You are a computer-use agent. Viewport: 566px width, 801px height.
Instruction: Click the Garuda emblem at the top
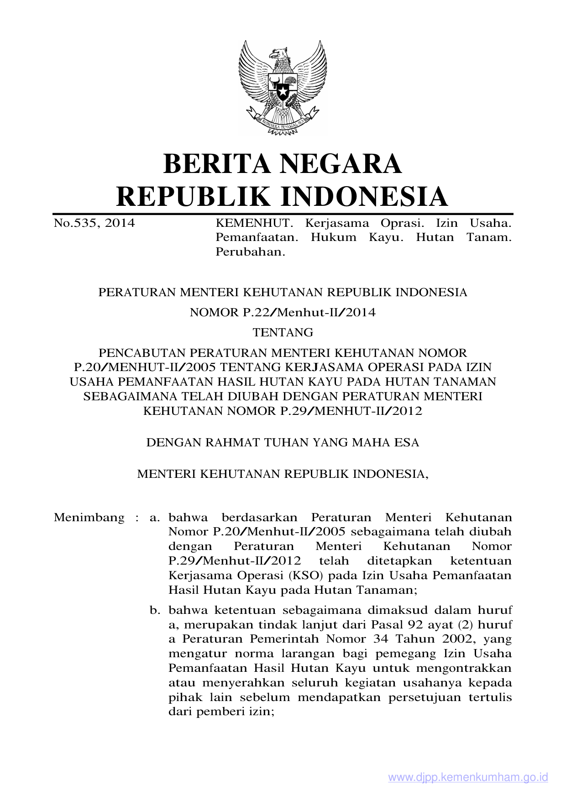pos(283,87)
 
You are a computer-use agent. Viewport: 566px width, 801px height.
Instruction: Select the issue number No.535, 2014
pos(94,223)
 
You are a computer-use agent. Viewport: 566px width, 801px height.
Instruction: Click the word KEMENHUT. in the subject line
pos(253,223)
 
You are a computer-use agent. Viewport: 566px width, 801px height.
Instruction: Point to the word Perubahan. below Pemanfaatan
pos(250,252)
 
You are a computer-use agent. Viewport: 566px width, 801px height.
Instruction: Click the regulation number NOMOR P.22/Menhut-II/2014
pos(283,313)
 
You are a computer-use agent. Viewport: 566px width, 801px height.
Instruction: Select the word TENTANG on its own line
pos(283,333)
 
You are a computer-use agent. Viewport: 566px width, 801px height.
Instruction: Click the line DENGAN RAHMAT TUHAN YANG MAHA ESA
pos(283,443)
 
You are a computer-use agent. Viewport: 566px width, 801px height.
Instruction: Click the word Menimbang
pos(89,518)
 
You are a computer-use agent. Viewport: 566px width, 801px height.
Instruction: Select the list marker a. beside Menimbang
pos(155,518)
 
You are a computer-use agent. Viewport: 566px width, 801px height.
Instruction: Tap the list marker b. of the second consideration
pos(155,610)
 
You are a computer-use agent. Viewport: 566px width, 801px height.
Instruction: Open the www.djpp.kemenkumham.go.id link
pos(468,778)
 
